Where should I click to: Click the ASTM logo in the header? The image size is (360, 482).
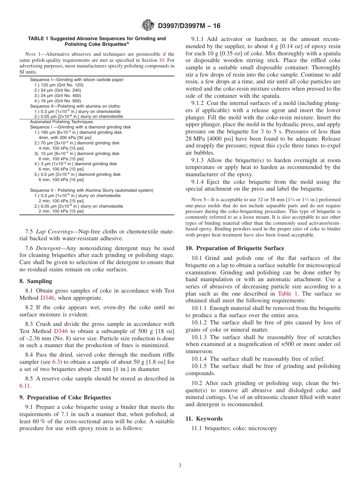pyautogui.click(x=148, y=25)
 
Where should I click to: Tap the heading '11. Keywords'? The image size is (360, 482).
pyautogui.click(x=204, y=418)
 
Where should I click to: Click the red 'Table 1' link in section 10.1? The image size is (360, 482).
pyautogui.click(x=288, y=293)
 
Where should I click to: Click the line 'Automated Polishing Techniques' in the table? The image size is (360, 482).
pyautogui.click(x=61, y=122)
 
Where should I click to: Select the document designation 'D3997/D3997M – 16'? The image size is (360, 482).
pyautogui.click(x=189, y=26)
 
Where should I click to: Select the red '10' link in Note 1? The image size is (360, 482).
pyautogui.click(x=161, y=60)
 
